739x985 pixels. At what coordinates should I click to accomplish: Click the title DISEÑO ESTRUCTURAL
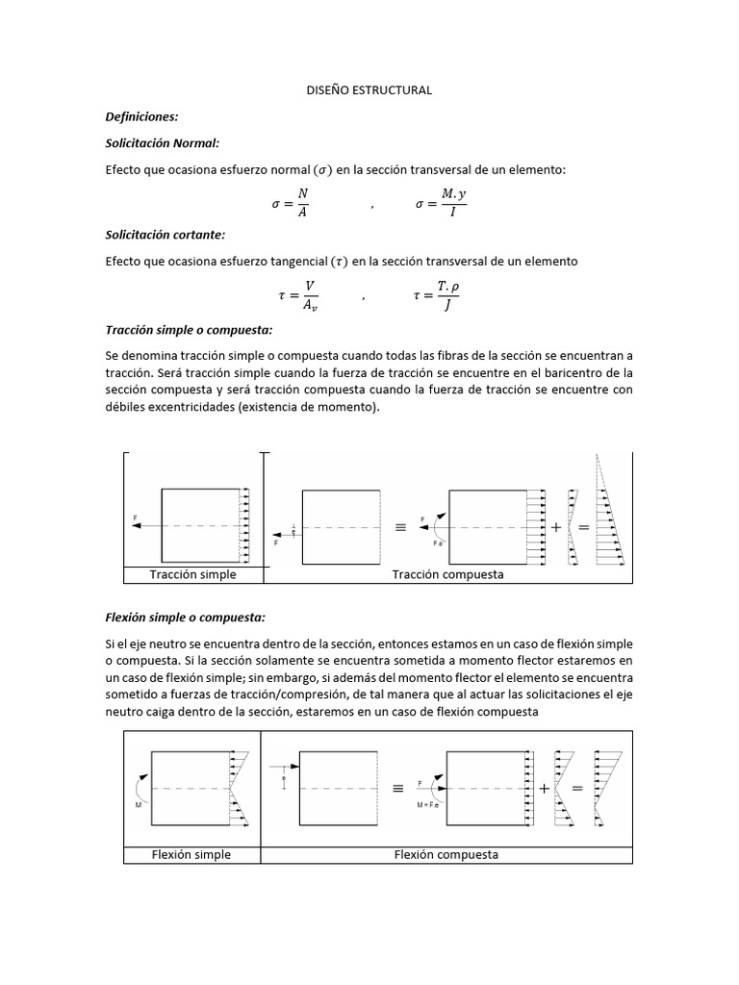click(x=369, y=89)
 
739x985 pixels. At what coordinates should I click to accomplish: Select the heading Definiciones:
click(x=142, y=116)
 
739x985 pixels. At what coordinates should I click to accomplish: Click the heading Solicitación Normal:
click(x=163, y=142)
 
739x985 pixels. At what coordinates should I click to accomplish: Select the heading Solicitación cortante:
click(x=165, y=235)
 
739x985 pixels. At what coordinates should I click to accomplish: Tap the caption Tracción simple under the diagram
click(x=192, y=574)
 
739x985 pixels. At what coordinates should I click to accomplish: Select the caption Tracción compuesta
click(x=447, y=574)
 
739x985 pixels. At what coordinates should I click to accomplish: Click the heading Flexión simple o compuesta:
click(x=184, y=617)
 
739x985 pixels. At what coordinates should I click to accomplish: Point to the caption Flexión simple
click(x=191, y=854)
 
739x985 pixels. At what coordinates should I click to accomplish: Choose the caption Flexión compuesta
click(x=446, y=854)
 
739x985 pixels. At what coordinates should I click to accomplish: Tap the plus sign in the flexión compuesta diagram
click(x=545, y=788)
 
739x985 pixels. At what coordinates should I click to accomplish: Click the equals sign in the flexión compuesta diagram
click(x=577, y=788)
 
